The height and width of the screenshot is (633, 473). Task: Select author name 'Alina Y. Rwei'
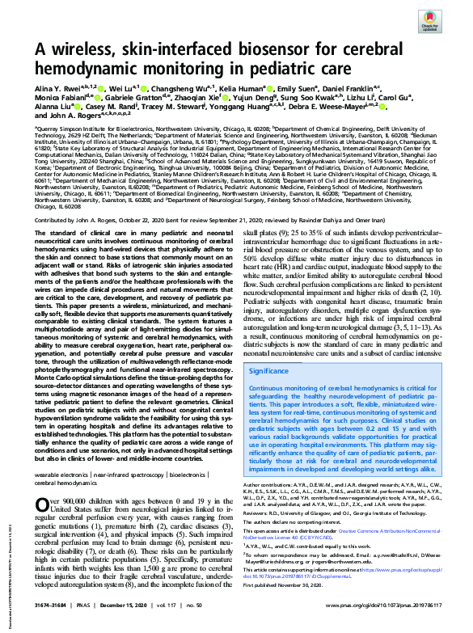(x=61, y=87)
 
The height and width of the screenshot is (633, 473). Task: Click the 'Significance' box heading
(x=273, y=370)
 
